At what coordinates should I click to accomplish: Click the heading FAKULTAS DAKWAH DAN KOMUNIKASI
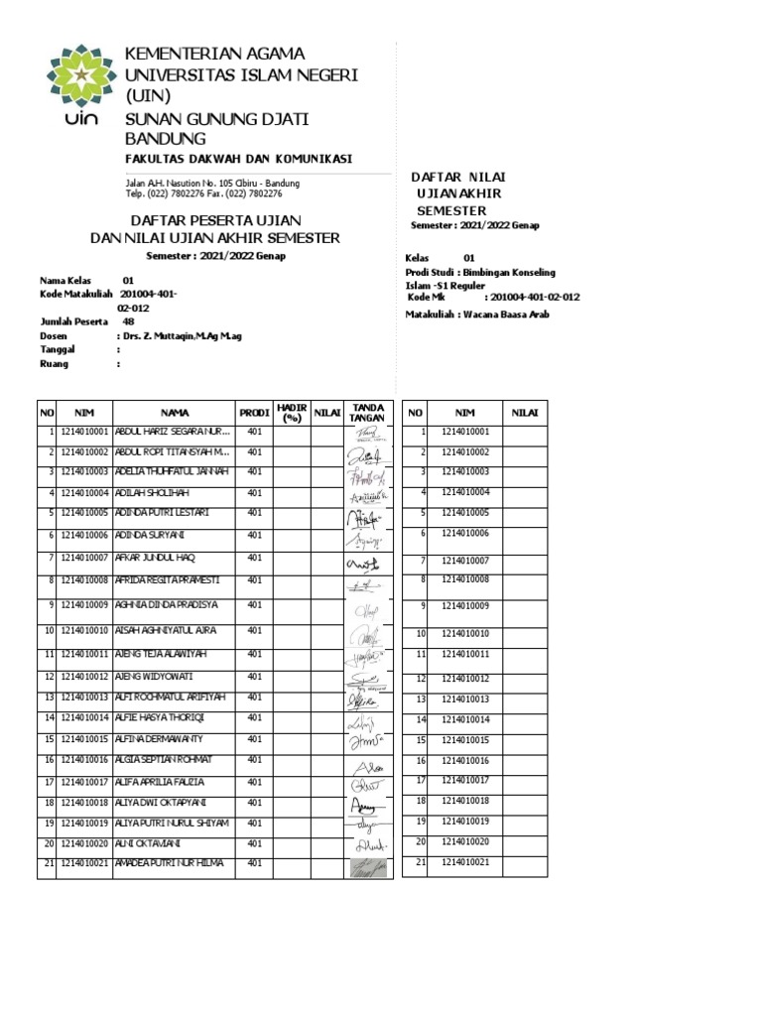tap(237, 160)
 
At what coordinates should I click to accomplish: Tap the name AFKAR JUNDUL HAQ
tap(160, 558)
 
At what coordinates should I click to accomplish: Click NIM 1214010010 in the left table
tap(84, 630)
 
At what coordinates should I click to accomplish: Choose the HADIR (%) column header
tap(291, 413)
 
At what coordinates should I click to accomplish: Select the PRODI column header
tap(253, 413)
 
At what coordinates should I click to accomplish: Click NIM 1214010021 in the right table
tap(466, 862)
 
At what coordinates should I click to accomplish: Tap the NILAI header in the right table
tap(525, 412)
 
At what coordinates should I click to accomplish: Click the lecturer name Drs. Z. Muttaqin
tap(180, 336)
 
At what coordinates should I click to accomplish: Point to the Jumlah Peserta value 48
tap(128, 321)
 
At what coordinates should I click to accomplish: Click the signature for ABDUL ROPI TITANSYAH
tap(364, 456)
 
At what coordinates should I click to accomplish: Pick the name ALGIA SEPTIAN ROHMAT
tap(164, 759)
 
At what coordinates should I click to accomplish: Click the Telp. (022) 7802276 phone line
tap(203, 193)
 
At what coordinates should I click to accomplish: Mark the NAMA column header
tap(175, 413)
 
